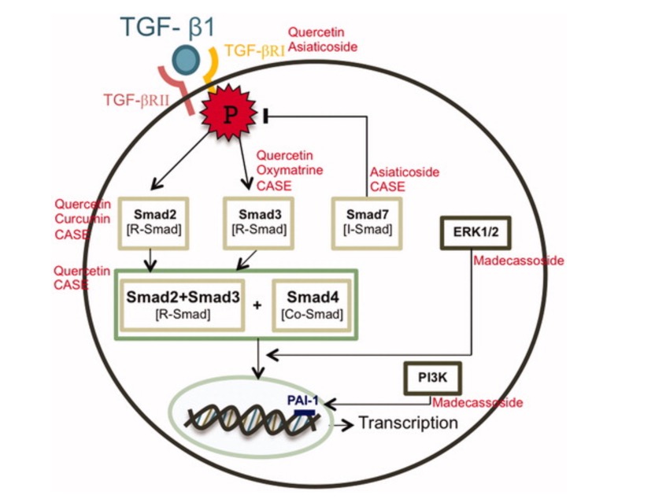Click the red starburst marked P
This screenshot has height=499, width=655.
pyautogui.click(x=230, y=114)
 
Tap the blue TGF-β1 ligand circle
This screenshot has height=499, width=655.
pyautogui.click(x=187, y=60)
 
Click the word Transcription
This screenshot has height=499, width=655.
pyautogui.click(x=408, y=423)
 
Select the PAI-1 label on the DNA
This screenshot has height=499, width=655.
pyautogui.click(x=303, y=400)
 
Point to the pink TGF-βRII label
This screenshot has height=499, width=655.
pyautogui.click(x=135, y=100)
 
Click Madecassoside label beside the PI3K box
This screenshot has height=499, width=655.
pyautogui.click(x=478, y=403)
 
